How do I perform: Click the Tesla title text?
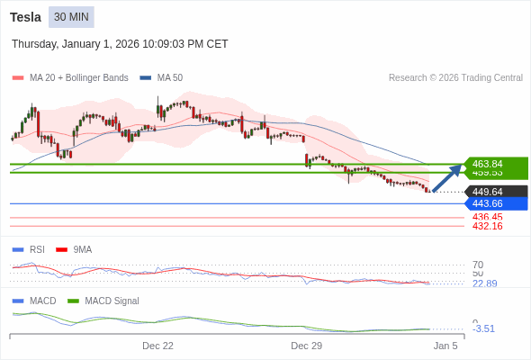[x=25, y=17]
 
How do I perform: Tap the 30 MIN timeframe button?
[x=71, y=17]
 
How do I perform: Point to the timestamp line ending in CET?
[x=120, y=44]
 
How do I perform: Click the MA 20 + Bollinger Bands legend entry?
[x=78, y=78]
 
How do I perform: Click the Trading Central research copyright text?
[x=455, y=78]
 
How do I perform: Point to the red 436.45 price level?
[x=487, y=217]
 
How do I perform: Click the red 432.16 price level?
[x=487, y=226]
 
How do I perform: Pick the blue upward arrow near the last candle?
[x=447, y=178]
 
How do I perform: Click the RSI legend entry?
[x=36, y=249]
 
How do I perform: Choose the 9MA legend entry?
[x=82, y=249]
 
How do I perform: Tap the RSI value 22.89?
[x=484, y=283]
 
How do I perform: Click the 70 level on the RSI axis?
[x=478, y=265]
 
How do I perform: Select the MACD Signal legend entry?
[x=112, y=301]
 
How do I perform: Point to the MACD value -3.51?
[x=483, y=328]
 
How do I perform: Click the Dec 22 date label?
[x=157, y=346]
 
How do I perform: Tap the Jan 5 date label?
[x=445, y=346]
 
